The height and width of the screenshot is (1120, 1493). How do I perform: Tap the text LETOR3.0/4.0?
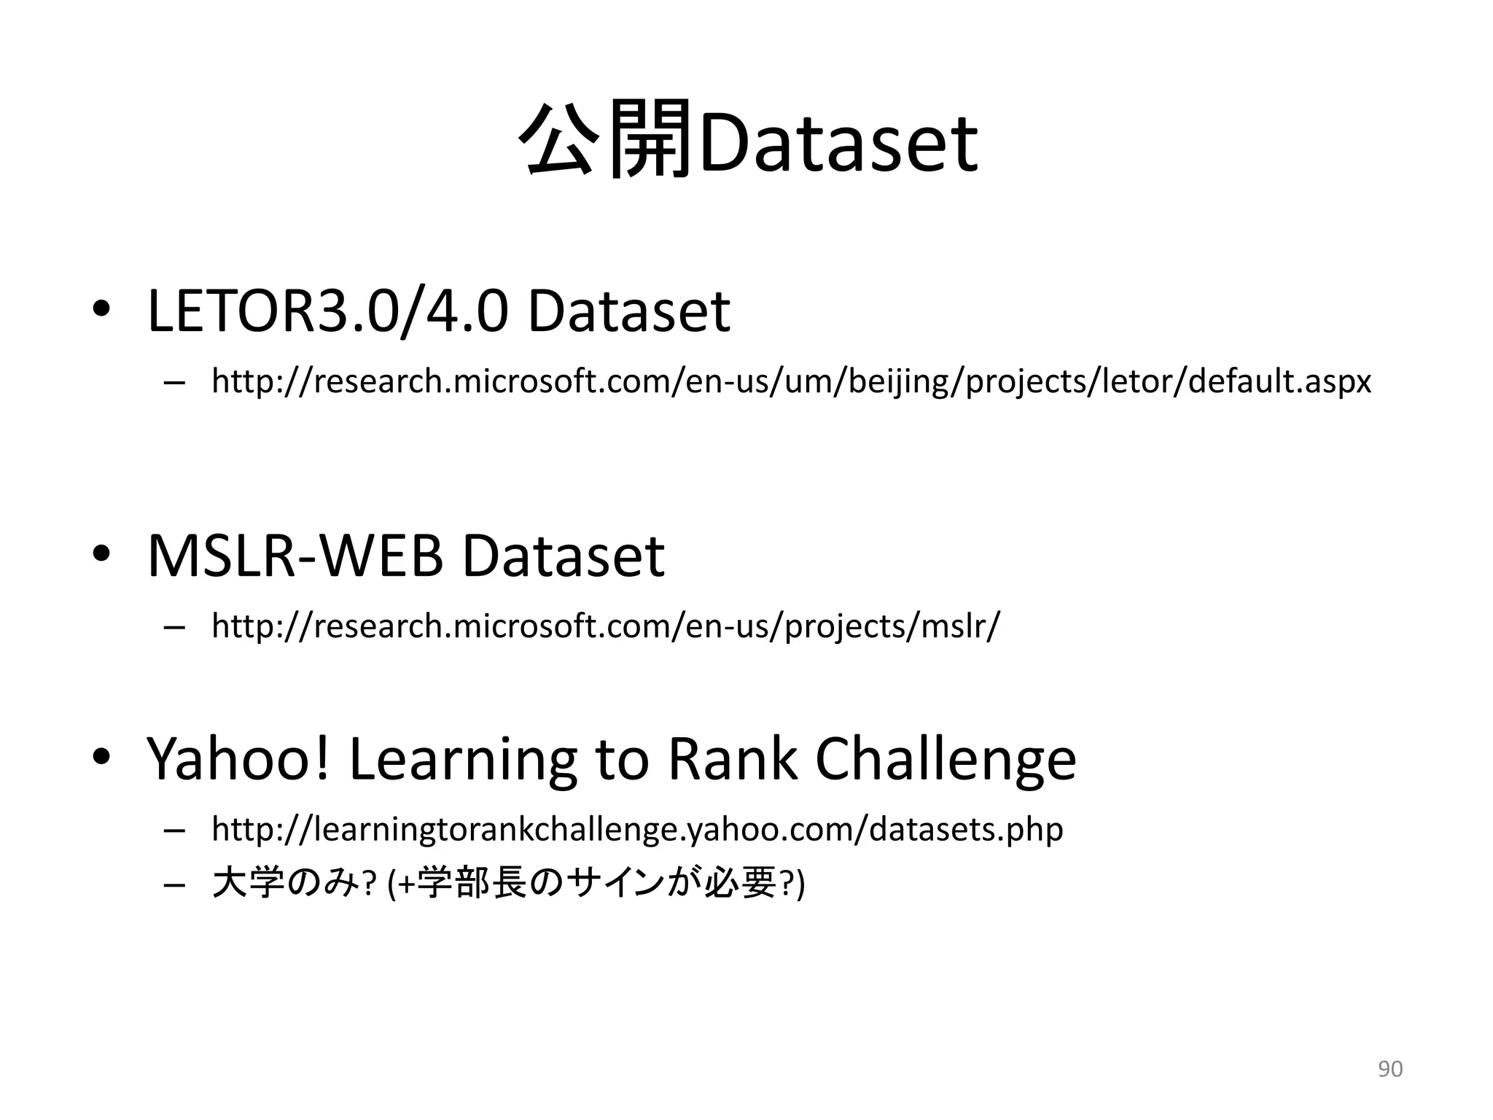(x=327, y=311)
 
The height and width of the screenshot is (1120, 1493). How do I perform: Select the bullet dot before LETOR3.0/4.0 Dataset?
(x=101, y=310)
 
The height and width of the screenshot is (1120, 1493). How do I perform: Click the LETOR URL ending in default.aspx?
(x=791, y=381)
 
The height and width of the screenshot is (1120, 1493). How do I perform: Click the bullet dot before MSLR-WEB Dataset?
(x=101, y=555)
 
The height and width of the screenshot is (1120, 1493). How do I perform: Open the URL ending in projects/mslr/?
(x=606, y=626)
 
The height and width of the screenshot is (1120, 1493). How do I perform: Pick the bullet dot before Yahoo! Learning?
(x=101, y=758)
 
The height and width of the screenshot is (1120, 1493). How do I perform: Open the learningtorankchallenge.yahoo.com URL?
(x=637, y=830)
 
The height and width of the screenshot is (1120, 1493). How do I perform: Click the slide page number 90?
(x=1389, y=1069)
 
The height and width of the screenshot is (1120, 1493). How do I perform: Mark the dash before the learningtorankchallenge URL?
(x=175, y=831)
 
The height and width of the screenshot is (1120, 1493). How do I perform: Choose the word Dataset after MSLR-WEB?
(x=563, y=556)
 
